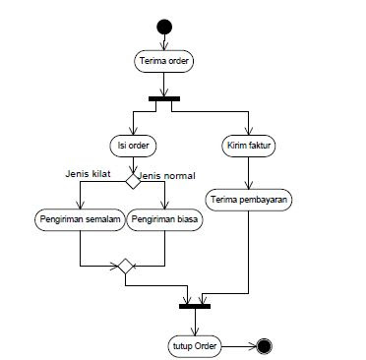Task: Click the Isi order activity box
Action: click(x=132, y=145)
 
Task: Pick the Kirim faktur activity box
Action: click(x=248, y=145)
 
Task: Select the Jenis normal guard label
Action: click(x=166, y=175)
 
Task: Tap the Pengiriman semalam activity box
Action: click(x=80, y=219)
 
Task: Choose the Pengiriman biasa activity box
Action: click(x=165, y=219)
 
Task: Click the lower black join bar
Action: click(x=197, y=305)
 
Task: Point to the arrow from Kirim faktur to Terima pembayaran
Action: click(x=248, y=171)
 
